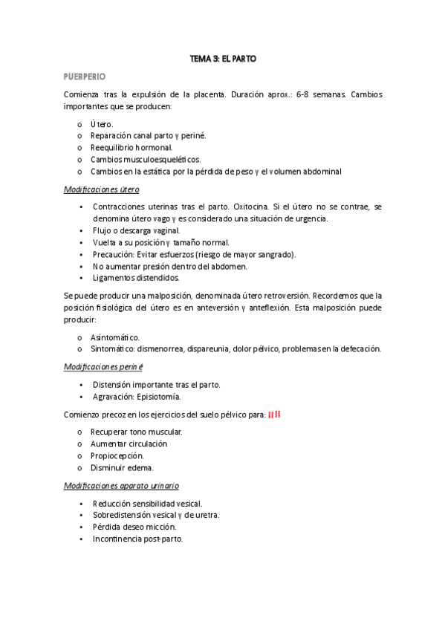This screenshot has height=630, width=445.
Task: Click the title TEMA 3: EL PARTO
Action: tap(223, 58)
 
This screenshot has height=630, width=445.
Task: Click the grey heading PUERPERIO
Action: tap(85, 77)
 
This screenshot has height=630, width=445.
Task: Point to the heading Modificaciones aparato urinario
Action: tap(121, 485)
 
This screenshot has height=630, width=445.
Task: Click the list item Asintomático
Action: tap(114, 337)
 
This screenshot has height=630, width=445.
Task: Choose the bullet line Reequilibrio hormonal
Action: tap(131, 148)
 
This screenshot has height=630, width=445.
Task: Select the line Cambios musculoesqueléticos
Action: tap(146, 160)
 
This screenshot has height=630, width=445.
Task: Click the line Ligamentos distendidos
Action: tap(136, 278)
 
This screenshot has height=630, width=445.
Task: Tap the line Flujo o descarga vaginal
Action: tap(137, 230)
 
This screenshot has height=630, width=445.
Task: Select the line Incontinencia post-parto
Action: tap(137, 539)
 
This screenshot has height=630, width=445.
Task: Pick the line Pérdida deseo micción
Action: tap(134, 527)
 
